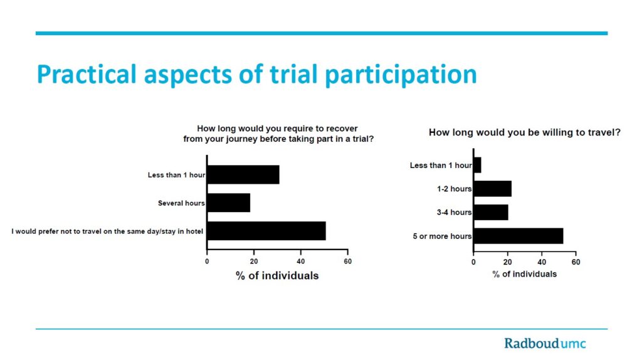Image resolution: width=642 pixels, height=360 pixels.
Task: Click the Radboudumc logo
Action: point(545,343)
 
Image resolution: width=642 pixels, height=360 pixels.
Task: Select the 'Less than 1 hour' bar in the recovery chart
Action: point(244,175)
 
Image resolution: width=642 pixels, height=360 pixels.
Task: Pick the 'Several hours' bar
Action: point(229,203)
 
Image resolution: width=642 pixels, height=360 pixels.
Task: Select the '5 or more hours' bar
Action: point(518,236)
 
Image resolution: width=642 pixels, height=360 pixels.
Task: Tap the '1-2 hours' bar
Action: point(493,189)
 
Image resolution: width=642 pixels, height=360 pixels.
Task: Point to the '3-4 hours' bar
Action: point(492,212)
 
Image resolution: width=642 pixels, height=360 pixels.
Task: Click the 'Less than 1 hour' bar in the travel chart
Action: point(478,165)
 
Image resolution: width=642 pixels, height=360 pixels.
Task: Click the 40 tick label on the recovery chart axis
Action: point(301,262)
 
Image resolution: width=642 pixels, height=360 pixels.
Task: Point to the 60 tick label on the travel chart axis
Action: point(576,262)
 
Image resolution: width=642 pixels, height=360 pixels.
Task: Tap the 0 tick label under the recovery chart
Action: point(207,262)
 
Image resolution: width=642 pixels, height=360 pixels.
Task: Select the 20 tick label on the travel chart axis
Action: point(508,262)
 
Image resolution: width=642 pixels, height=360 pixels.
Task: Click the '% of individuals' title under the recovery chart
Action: point(277,275)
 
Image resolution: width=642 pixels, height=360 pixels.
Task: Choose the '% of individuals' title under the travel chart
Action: point(525,274)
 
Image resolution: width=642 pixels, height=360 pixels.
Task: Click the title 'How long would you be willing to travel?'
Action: point(525,132)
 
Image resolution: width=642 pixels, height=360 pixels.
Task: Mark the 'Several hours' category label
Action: point(181,203)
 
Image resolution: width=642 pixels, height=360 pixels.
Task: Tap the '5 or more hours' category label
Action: point(442,236)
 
